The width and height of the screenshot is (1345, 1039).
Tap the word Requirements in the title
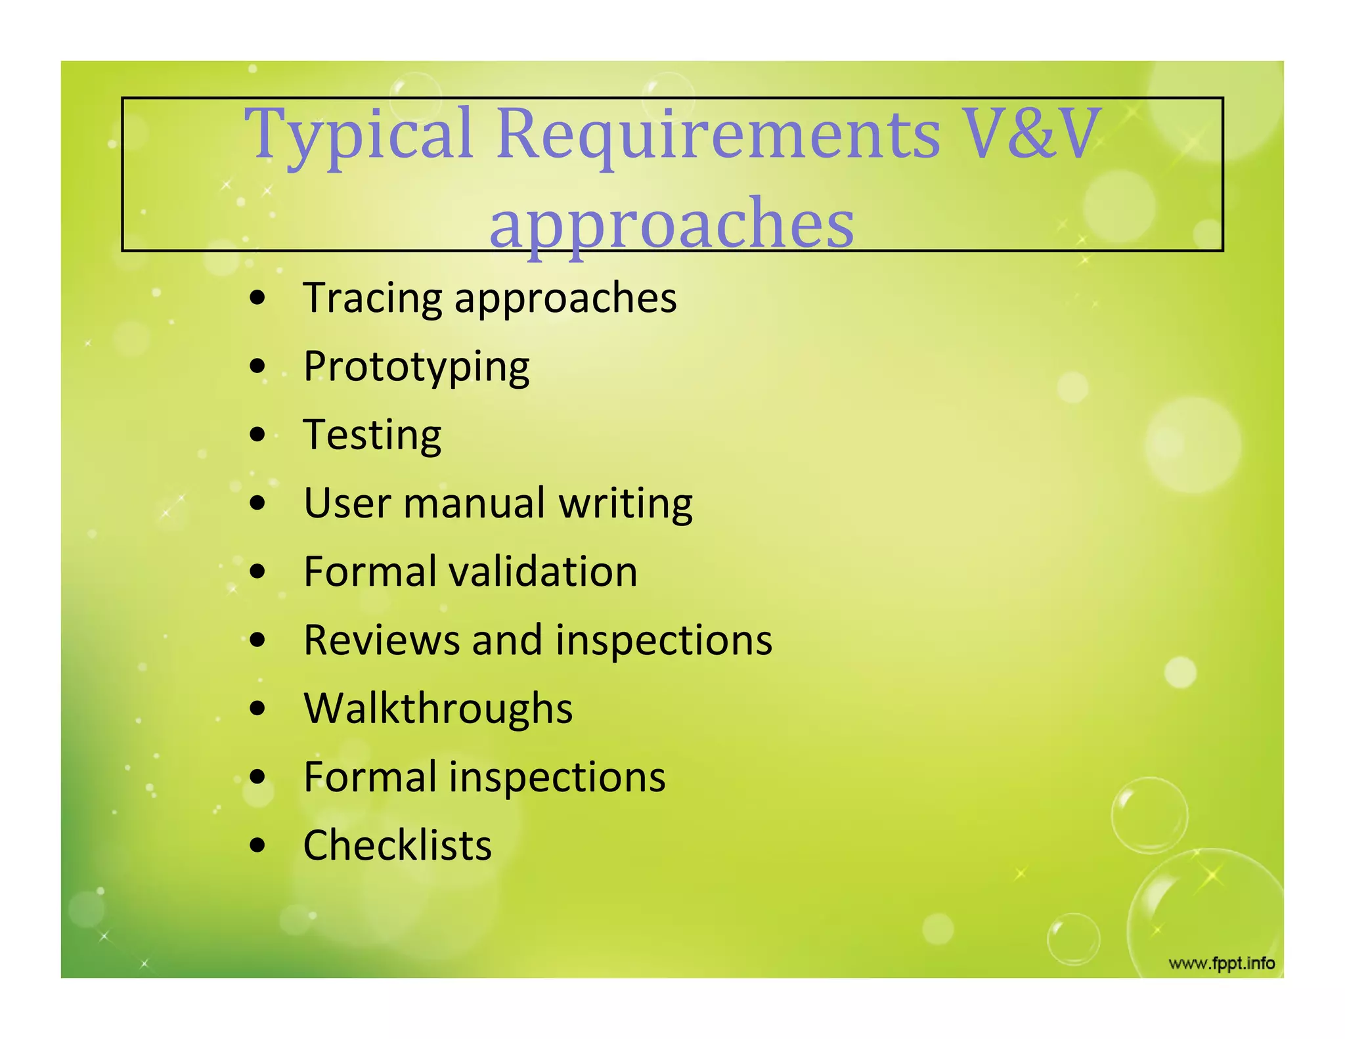[718, 135]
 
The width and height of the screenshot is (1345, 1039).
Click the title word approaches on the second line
[672, 223]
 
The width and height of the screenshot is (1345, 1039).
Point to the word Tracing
[372, 299]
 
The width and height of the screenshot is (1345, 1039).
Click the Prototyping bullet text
[416, 367]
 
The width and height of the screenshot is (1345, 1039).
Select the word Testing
[372, 436]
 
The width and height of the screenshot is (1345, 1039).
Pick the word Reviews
[382, 640]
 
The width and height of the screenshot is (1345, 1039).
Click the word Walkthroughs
[438, 709]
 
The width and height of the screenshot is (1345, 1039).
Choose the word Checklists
[397, 845]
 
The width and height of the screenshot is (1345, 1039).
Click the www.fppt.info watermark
[1222, 963]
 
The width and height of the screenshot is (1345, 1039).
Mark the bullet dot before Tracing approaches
[258, 299]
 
